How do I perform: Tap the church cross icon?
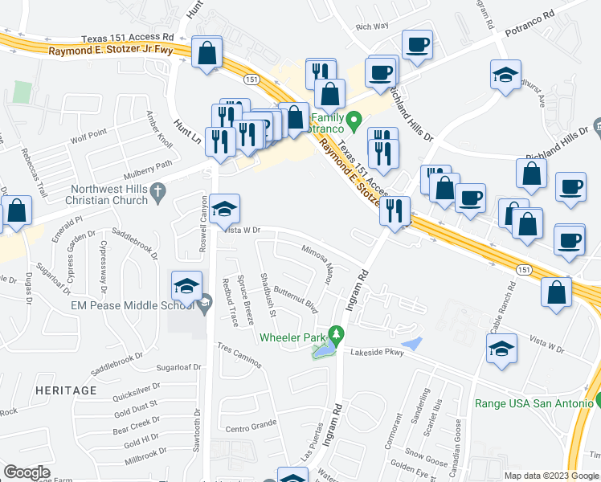point(159,192)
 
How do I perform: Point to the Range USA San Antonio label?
point(534,403)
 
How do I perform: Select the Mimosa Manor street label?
point(325,265)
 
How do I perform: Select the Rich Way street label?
point(372,27)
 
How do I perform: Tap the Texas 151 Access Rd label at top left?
point(128,37)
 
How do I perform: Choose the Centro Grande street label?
point(251,428)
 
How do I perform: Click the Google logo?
point(27,472)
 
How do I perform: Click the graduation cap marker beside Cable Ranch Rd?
point(502,349)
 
